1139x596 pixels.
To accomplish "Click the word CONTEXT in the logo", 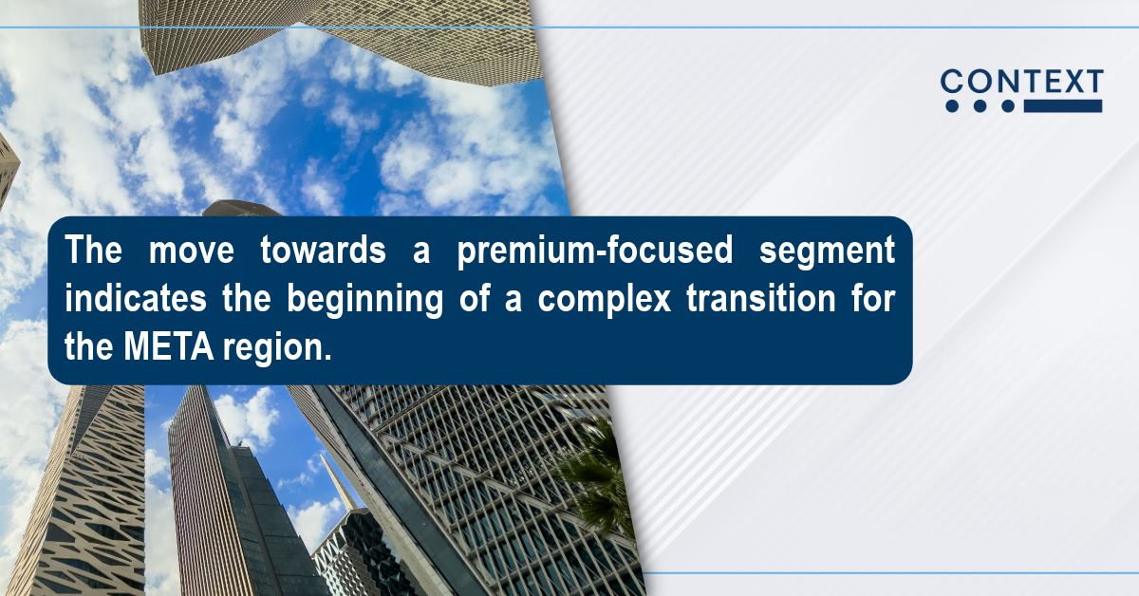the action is point(1022,82).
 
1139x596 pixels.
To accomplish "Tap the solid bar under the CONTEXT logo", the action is point(1063,105).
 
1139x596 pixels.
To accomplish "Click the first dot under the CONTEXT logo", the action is point(952,105).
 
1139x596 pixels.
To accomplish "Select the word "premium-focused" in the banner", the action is point(595,251).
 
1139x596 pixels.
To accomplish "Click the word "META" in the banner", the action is point(168,346).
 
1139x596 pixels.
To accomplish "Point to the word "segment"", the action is point(828,251).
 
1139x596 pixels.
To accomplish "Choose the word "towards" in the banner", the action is point(323,250).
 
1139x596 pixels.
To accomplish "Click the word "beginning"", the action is point(365,300).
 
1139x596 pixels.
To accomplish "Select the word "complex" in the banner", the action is point(604,300).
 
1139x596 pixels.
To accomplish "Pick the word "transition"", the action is point(760,298).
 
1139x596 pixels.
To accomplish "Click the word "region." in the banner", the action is point(277,348).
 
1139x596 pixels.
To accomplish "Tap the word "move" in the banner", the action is point(191,251).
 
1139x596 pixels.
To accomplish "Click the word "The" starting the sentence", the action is point(94,250).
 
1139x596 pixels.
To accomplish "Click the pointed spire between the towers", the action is point(339,482).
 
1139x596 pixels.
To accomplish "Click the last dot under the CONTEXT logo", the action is point(1008,105).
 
